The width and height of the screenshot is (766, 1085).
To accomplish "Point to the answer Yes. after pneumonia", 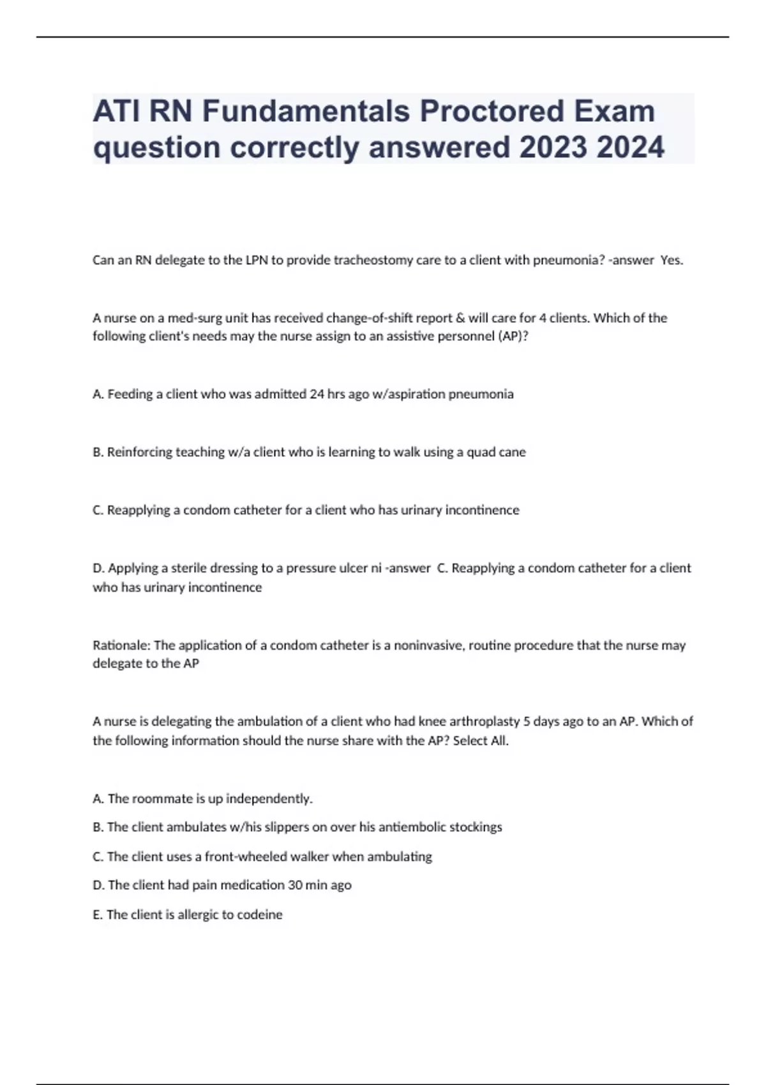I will (672, 260).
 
